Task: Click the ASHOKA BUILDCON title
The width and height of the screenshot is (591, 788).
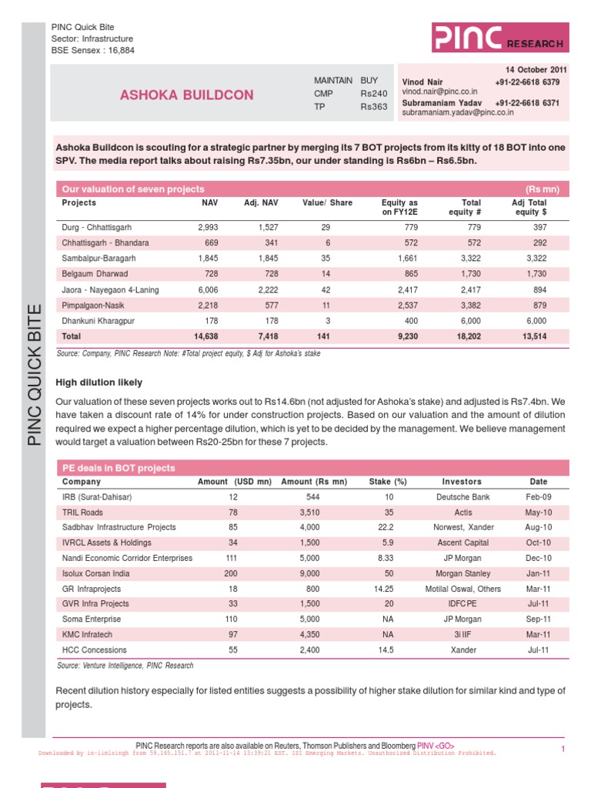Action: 186,95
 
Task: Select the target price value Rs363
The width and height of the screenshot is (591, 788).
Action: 374,107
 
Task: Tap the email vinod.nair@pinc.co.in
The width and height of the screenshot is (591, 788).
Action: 439,92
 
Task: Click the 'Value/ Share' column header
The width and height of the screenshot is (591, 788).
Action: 327,203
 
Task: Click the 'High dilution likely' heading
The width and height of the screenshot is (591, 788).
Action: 99,382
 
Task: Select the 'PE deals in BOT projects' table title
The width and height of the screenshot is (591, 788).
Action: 118,468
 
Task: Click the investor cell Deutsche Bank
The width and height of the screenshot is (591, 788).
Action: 462,497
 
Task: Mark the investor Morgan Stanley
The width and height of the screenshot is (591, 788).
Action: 462,573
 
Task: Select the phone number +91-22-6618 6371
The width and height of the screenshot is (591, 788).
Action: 527,102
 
